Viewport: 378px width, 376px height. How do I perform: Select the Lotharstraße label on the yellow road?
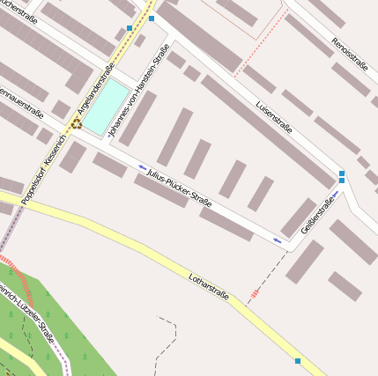click(x=209, y=287)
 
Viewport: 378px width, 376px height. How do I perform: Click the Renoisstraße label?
click(x=349, y=55)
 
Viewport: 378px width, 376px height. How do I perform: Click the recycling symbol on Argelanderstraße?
click(x=77, y=124)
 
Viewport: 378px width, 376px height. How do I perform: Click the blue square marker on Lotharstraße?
click(x=298, y=361)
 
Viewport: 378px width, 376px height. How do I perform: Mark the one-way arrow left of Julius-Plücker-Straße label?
click(x=143, y=166)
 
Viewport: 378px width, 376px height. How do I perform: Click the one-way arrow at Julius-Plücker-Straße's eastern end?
click(x=278, y=239)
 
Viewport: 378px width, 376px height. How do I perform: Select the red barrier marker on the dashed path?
click(x=255, y=291)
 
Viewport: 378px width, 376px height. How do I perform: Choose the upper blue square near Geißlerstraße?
click(x=342, y=173)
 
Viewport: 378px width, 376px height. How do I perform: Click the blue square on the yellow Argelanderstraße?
click(x=130, y=28)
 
